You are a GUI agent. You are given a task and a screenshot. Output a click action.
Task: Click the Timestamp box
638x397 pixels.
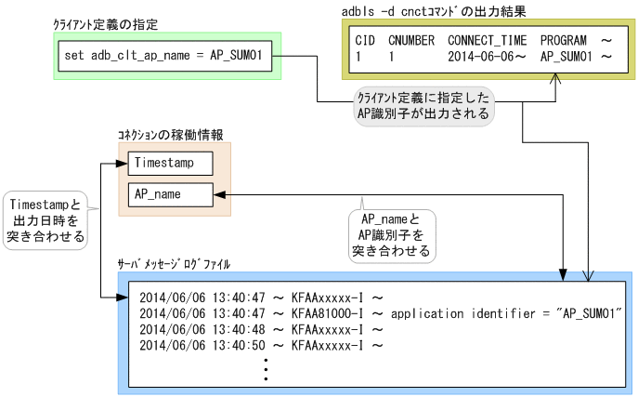pos(170,162)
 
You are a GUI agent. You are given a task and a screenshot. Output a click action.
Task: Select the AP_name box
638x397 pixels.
pos(170,194)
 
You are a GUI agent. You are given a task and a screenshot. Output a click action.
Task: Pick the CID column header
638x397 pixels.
pos(365,42)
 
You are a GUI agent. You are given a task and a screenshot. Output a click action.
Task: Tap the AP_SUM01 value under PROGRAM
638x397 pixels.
pos(566,57)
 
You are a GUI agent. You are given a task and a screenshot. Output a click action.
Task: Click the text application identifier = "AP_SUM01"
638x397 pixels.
pos(506,313)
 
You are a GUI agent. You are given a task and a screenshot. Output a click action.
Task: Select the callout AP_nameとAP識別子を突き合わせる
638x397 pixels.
pos(389,234)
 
